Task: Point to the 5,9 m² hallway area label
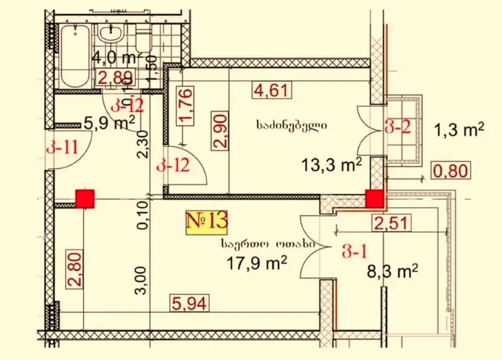[110, 124]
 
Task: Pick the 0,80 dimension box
[451, 171]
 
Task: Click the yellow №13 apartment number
[207, 221]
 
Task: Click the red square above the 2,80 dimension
[85, 198]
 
